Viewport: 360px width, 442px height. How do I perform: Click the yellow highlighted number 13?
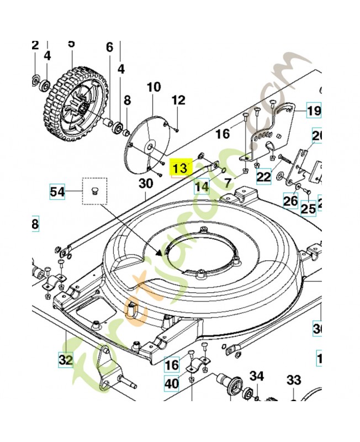pos(181,168)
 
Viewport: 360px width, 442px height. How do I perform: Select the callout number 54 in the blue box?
pos(57,192)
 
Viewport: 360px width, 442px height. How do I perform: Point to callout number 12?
pos(178,101)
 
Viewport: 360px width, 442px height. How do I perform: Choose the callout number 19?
pos(313,111)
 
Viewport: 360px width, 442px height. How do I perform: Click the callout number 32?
pos(65,360)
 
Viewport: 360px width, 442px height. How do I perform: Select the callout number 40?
pos(172,383)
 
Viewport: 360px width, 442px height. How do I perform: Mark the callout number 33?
pos(294,380)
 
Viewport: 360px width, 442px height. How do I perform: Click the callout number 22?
pos(264,177)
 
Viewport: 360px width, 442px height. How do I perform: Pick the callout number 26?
pos(291,202)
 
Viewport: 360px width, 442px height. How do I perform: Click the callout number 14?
pos(202,187)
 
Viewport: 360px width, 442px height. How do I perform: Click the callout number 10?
pos(153,87)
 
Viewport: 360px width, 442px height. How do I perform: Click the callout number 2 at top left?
pos(35,45)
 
